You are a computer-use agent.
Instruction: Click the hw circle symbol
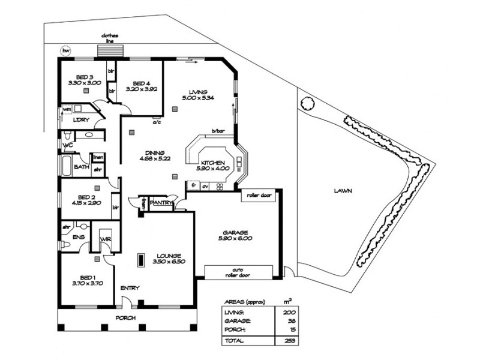coord(65,51)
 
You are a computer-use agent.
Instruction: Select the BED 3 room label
coord(80,76)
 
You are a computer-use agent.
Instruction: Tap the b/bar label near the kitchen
coord(217,131)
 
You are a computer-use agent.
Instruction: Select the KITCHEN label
coord(212,163)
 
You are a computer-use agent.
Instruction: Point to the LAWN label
coord(343,191)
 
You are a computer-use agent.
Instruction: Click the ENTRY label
coord(130,288)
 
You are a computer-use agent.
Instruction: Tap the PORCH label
coord(127,317)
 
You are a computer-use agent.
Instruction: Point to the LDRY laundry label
coord(80,120)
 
